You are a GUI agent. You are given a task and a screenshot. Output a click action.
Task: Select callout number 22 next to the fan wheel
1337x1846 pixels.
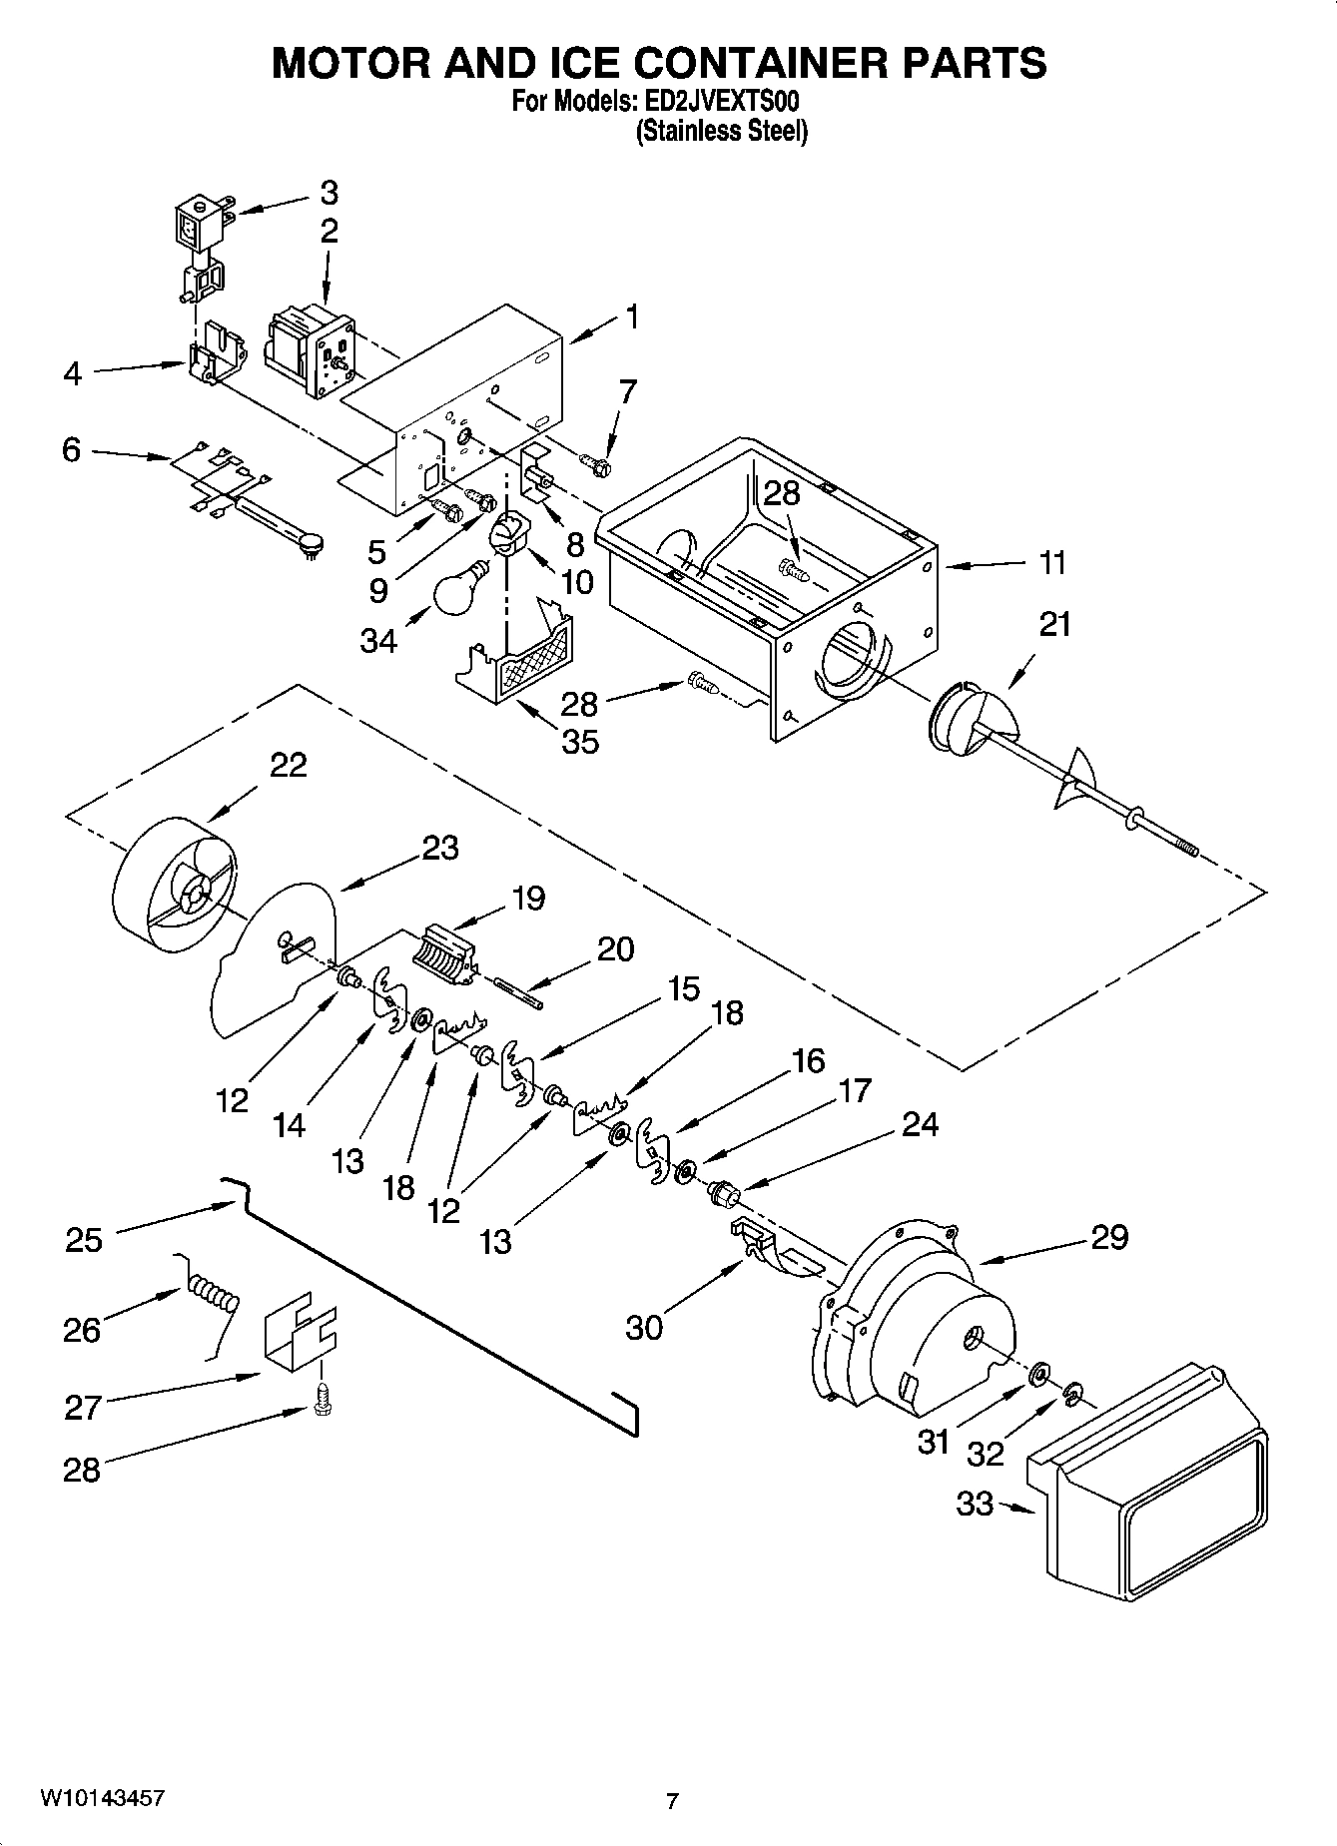pyautogui.click(x=288, y=766)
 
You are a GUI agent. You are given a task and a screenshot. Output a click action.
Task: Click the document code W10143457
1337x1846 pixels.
pyautogui.click(x=102, y=1797)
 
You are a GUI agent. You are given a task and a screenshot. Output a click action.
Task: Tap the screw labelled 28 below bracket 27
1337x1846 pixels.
pyautogui.click(x=323, y=1400)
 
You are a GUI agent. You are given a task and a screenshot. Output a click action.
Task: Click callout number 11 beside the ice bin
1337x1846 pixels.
pyautogui.click(x=1051, y=563)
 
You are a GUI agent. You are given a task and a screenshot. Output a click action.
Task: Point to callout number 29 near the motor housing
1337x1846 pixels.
pyautogui.click(x=1108, y=1237)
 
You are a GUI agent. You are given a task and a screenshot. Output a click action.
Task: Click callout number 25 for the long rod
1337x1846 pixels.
pyautogui.click(x=84, y=1240)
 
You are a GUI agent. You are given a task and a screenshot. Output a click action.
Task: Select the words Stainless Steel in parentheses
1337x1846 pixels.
pyautogui.click(x=722, y=131)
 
